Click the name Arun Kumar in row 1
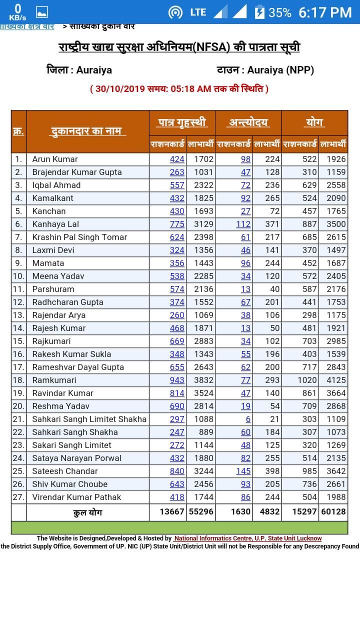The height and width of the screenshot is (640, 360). pyautogui.click(x=55, y=159)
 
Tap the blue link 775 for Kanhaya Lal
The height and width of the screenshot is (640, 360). pyautogui.click(x=177, y=224)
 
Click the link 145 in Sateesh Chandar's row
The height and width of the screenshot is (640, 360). pyautogui.click(x=243, y=471)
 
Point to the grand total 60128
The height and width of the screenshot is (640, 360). pyautogui.click(x=333, y=511)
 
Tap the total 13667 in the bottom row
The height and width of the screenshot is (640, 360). pyautogui.click(x=172, y=511)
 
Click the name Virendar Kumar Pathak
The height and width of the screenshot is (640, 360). pyautogui.click(x=76, y=497)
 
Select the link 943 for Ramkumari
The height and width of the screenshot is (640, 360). pyautogui.click(x=177, y=380)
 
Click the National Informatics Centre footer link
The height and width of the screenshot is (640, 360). pyautogui.click(x=247, y=538)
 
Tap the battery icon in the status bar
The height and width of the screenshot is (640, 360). pyautogui.click(x=259, y=12)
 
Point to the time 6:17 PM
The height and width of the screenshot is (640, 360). pyautogui.click(x=325, y=12)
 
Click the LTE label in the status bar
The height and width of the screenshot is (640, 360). pyautogui.click(x=198, y=12)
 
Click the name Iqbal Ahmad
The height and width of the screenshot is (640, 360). pyautogui.click(x=56, y=185)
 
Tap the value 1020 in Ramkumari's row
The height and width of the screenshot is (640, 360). pyautogui.click(x=307, y=380)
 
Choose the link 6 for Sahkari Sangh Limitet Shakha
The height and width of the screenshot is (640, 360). pyautogui.click(x=248, y=419)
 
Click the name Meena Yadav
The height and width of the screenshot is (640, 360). pyautogui.click(x=58, y=276)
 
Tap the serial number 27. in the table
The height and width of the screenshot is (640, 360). pyautogui.click(x=18, y=497)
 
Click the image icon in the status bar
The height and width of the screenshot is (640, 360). pyautogui.click(x=42, y=12)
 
